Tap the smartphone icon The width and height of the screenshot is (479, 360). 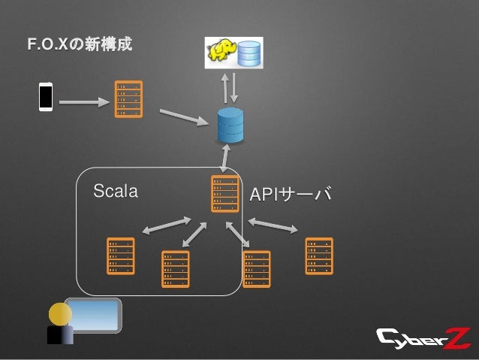tap(46, 98)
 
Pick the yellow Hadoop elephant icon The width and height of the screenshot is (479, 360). tap(220, 52)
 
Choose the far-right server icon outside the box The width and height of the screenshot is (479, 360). tap(318, 256)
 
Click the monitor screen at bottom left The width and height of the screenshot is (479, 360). tap(93, 314)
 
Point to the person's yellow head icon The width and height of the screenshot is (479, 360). tap(57, 310)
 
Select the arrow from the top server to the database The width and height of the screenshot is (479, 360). tap(184, 116)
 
